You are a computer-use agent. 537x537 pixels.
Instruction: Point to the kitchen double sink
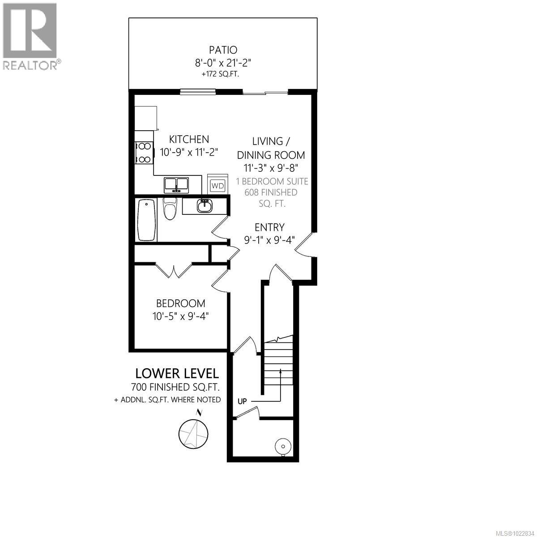176,184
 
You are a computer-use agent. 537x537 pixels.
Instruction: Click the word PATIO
222,50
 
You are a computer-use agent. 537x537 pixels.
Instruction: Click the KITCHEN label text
189,139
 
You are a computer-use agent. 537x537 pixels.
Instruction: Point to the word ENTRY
269,227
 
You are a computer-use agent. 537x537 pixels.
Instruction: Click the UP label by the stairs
243,401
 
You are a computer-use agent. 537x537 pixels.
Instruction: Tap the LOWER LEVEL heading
177,373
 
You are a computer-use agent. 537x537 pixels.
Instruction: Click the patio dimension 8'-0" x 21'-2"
222,63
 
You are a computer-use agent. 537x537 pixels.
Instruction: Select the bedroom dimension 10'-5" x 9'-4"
180,316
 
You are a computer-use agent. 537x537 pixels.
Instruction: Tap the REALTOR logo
30,36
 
